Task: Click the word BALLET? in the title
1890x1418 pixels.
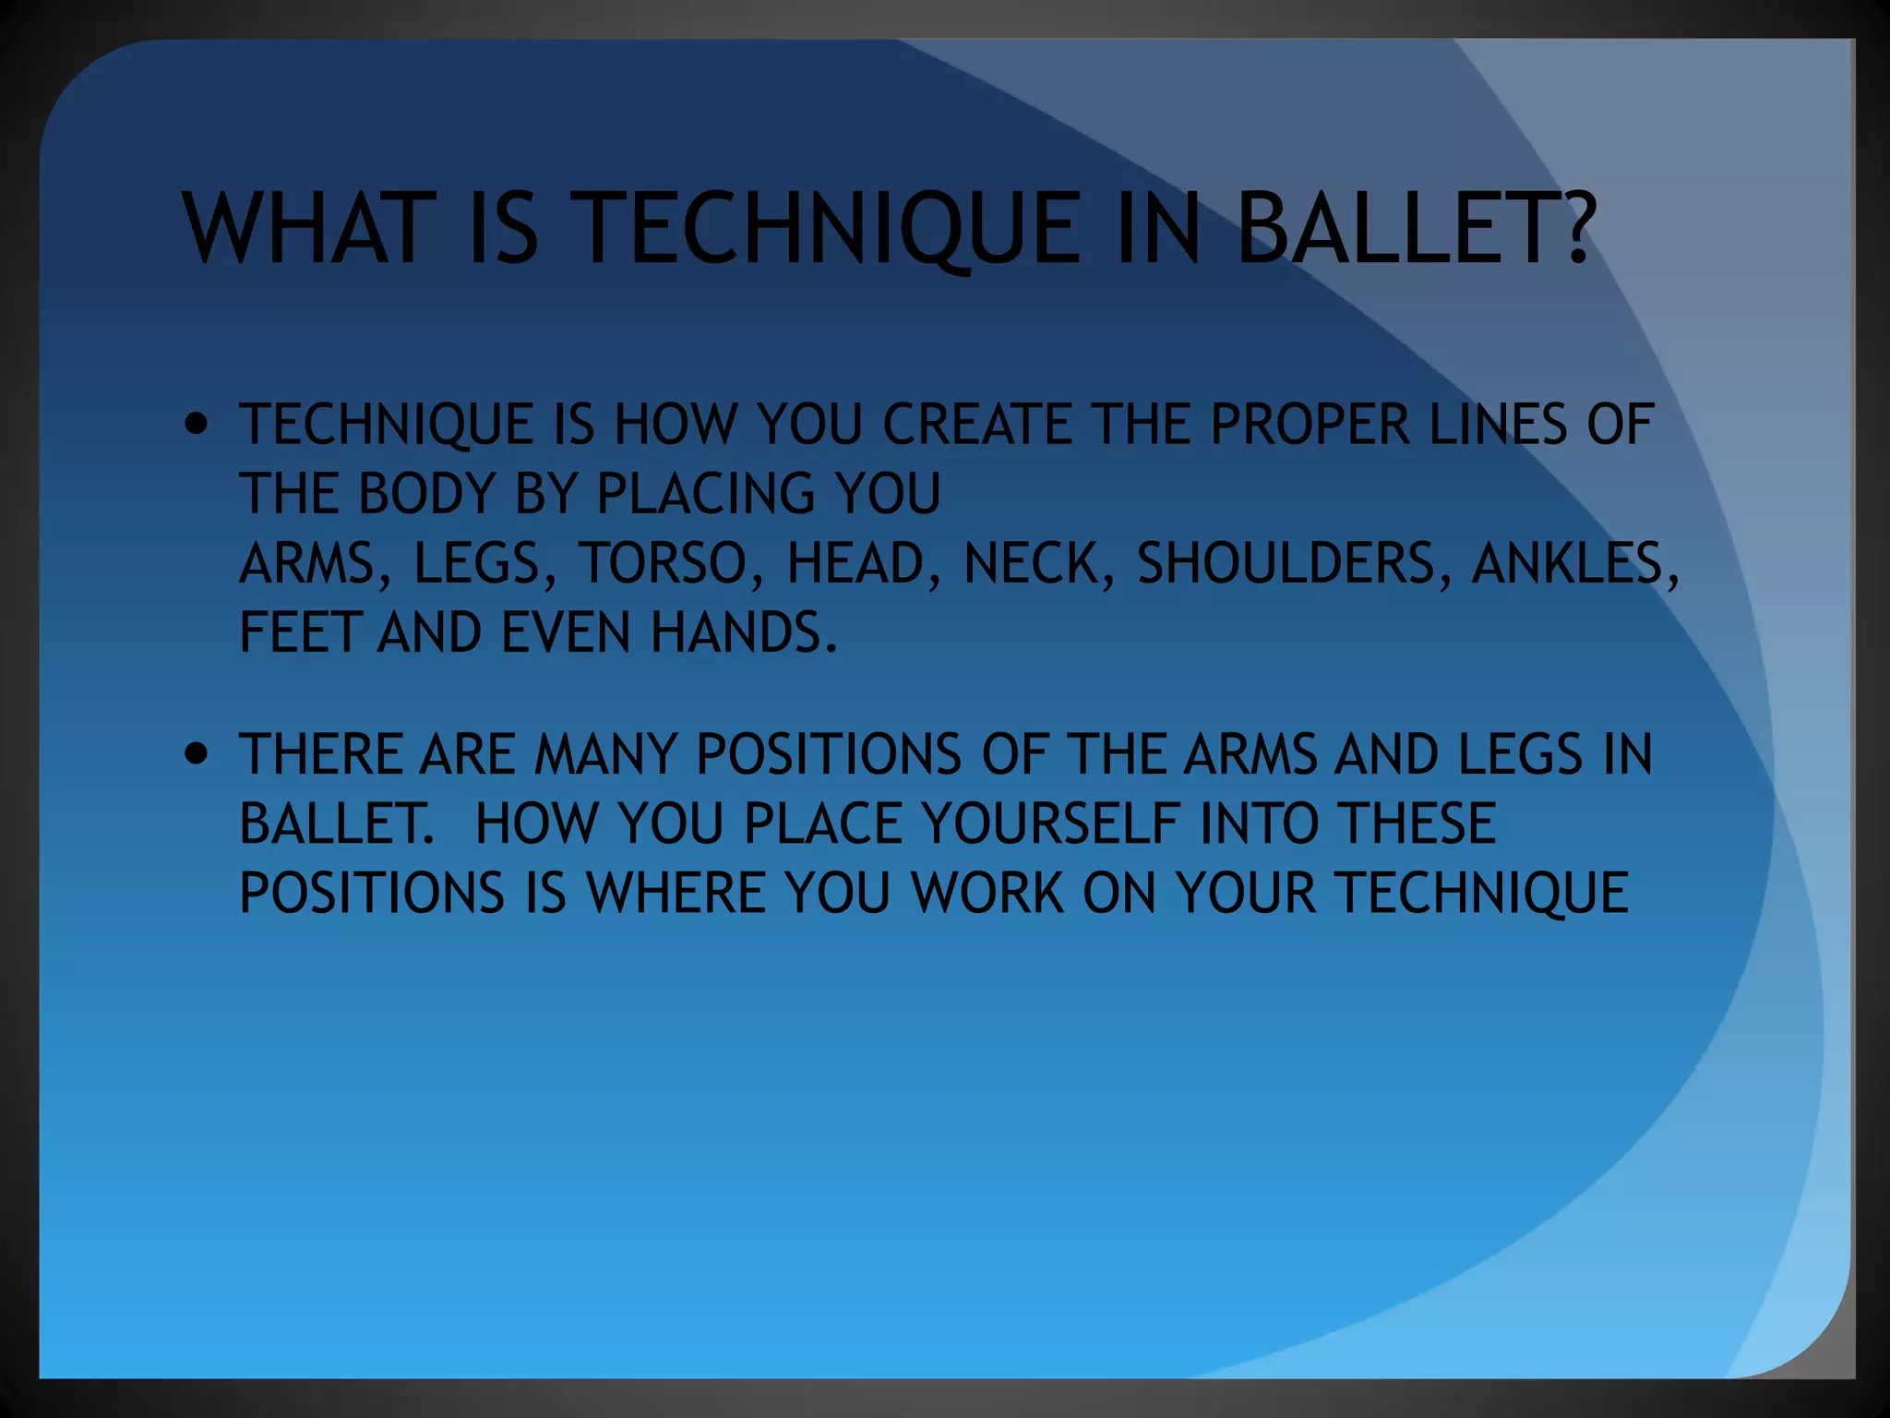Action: point(1414,228)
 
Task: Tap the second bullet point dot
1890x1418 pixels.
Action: point(197,753)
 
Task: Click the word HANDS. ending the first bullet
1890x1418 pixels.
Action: point(744,633)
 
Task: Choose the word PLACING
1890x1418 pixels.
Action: point(705,493)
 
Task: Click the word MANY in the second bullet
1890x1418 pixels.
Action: point(606,754)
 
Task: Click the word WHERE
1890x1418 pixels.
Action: point(676,893)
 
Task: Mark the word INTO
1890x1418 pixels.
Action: point(1259,823)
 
